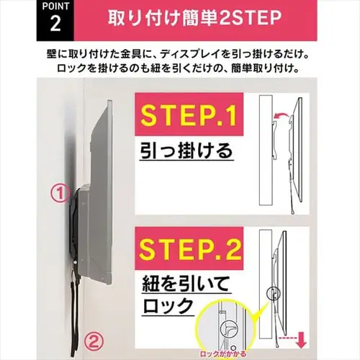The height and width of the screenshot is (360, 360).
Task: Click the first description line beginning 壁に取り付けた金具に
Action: coord(180,54)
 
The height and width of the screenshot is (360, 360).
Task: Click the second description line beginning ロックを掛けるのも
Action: coord(180,69)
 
